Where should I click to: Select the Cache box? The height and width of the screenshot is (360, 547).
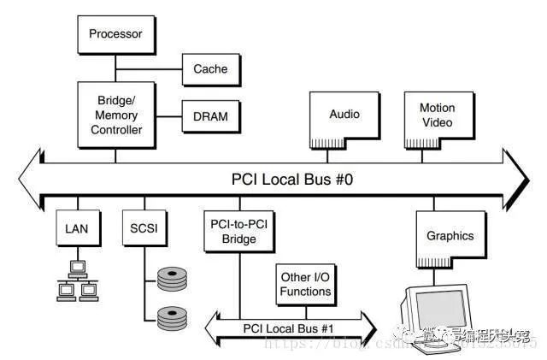pos(209,68)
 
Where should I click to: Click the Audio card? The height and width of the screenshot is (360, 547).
pos(344,116)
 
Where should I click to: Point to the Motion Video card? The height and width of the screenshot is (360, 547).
pos(437,116)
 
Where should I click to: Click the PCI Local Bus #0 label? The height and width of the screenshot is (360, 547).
pos(279,179)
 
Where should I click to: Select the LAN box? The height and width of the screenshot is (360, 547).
pos(76,229)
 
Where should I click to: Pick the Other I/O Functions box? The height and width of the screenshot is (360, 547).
pos(305,284)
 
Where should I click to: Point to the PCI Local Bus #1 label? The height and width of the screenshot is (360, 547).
pos(289,326)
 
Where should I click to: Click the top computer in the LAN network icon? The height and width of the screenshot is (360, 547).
pos(76,268)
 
